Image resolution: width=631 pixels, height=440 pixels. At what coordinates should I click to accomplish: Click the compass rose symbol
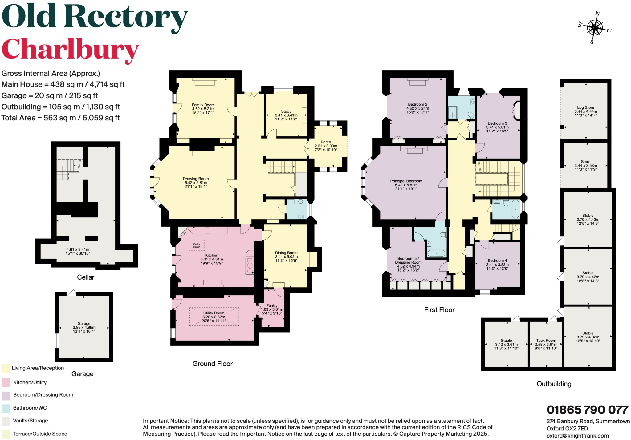point(595,28)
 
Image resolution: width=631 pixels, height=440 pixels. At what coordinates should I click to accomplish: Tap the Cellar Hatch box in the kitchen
point(197,245)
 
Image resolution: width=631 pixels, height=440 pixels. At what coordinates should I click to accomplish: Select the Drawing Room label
point(196,182)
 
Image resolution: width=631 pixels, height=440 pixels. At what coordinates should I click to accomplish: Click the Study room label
point(286,115)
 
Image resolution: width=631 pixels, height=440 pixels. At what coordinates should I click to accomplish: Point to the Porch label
point(326,146)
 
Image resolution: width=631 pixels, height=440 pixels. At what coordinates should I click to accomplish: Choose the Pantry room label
point(272,309)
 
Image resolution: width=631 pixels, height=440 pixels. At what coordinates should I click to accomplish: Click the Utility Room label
point(214,317)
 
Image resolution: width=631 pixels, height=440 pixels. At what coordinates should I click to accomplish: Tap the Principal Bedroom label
point(406,185)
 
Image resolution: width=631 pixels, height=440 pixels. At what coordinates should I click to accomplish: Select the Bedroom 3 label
point(497,127)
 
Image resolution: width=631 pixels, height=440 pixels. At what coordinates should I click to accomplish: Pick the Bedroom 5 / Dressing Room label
point(408,264)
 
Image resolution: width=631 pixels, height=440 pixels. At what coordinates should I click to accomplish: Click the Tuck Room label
point(546,344)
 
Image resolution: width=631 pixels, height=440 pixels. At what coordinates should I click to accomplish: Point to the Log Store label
point(585,111)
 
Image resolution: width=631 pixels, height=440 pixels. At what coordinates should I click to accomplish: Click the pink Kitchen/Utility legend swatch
point(6,382)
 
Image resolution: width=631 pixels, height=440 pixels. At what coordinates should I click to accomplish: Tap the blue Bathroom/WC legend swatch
point(6,408)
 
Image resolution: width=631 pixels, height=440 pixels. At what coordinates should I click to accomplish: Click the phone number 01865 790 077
point(587,410)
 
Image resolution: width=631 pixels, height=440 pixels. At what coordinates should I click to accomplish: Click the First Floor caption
point(439,310)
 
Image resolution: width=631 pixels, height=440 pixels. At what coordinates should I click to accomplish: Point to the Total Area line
point(61,118)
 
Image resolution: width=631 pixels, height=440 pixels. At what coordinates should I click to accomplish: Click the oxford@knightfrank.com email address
point(577,436)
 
